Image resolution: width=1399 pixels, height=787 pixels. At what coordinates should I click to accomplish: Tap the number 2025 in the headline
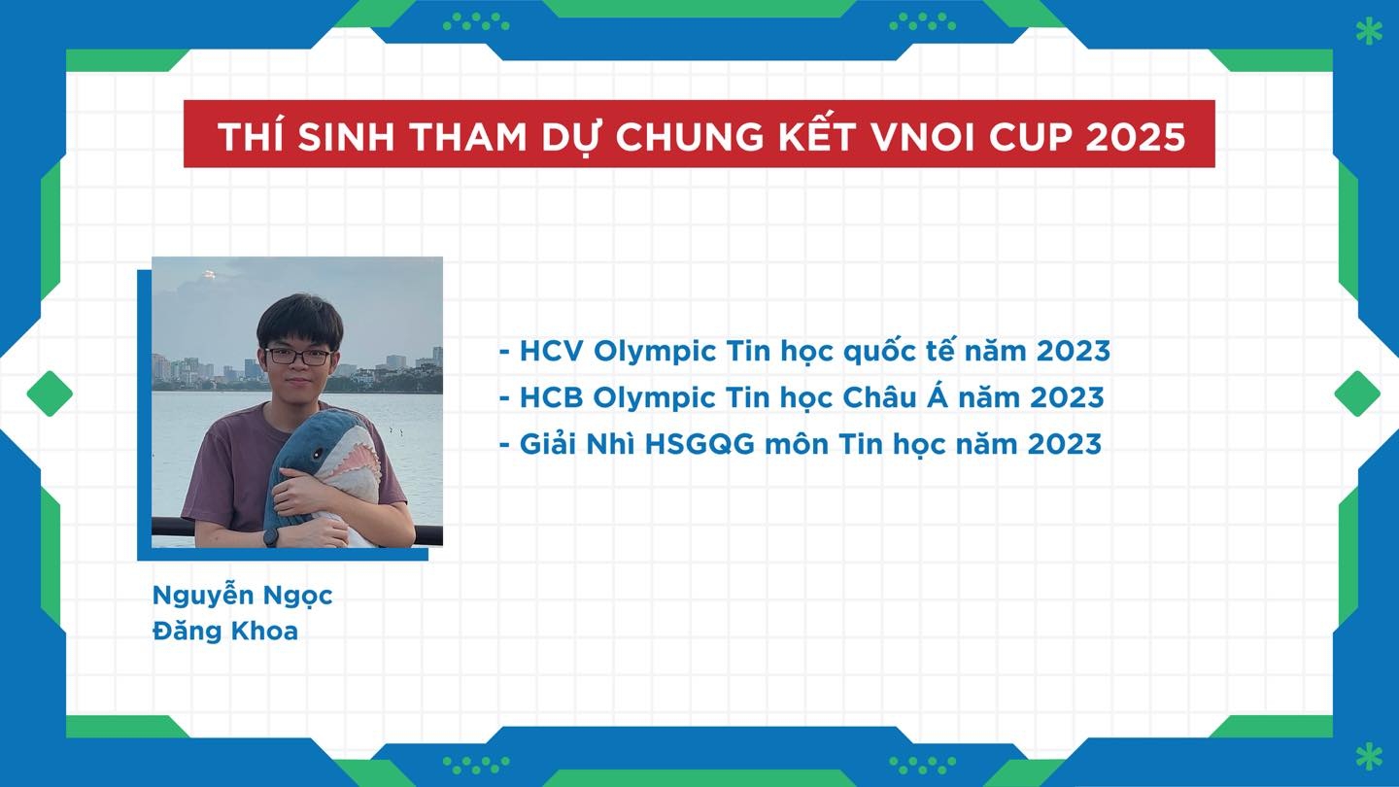pos(1136,136)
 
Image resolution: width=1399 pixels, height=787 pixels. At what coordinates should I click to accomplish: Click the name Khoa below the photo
pos(264,632)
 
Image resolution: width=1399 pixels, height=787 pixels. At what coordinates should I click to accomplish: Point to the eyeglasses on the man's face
pos(298,357)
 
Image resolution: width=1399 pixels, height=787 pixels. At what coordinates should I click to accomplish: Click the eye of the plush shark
pos(319,452)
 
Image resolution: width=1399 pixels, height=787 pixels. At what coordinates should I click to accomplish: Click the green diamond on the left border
pos(50,393)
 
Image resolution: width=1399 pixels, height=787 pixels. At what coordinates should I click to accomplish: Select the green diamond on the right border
pos(1357,393)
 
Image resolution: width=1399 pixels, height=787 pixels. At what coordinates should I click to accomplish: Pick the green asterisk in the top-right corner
pos(1369,32)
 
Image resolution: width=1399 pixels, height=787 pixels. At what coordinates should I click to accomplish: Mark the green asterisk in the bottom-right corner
pos(1369,756)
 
